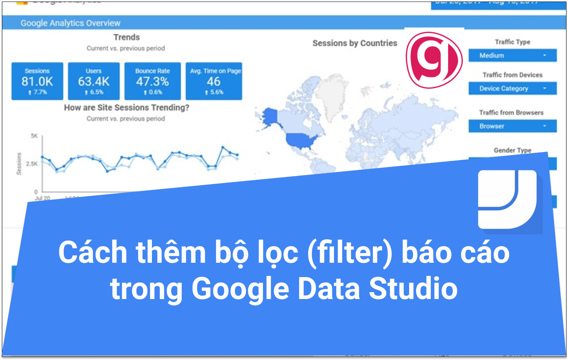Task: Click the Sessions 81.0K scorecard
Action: (37, 81)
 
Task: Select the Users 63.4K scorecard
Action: (94, 81)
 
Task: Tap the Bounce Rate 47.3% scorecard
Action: (152, 81)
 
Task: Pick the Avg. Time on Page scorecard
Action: (214, 81)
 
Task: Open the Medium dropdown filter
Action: (512, 56)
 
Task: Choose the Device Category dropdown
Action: (512, 88)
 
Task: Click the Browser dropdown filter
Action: (512, 126)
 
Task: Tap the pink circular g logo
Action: (434, 60)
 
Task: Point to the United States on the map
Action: (301, 141)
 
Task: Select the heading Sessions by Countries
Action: (354, 43)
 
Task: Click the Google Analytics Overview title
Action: (71, 23)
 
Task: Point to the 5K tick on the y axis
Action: (34, 136)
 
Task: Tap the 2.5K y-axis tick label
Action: (32, 164)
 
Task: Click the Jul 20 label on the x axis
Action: (42, 198)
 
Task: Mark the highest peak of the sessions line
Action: (223, 147)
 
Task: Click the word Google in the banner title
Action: (240, 289)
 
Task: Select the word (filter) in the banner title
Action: (349, 253)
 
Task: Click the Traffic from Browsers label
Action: (511, 113)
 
